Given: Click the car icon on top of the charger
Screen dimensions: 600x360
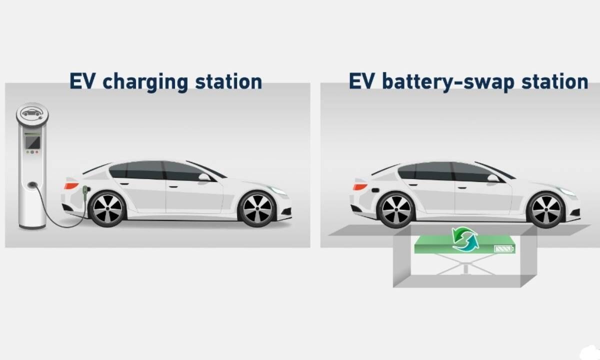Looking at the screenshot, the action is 32,113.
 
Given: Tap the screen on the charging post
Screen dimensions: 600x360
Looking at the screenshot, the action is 32,142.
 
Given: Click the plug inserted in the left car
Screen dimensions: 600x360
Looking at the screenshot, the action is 85,191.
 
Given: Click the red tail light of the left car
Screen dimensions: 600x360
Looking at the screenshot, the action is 71,185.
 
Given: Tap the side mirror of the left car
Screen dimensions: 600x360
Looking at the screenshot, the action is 204,177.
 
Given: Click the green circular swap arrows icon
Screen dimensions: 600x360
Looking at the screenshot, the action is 465,239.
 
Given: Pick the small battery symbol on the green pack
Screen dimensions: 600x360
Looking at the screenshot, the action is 503,248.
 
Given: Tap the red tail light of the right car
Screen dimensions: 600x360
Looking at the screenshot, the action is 359,186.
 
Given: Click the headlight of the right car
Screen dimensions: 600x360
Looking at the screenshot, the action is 566,191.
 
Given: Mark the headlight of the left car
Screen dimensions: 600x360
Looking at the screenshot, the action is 277,190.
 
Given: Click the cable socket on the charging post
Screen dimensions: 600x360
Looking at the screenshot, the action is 32,185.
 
